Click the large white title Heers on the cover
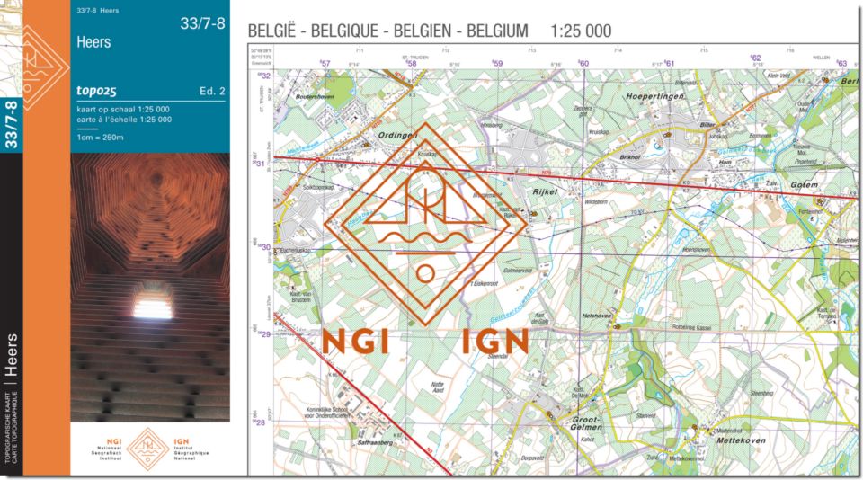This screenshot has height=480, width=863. (94, 42)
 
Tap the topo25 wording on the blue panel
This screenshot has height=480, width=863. (98, 90)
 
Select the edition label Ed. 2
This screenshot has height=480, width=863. (212, 91)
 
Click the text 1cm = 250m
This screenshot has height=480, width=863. (100, 137)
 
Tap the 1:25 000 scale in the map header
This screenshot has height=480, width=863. (581, 31)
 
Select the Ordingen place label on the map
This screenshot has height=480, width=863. (401, 136)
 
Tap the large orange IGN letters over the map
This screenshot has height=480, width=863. (495, 342)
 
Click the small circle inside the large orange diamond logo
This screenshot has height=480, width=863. (426, 273)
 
